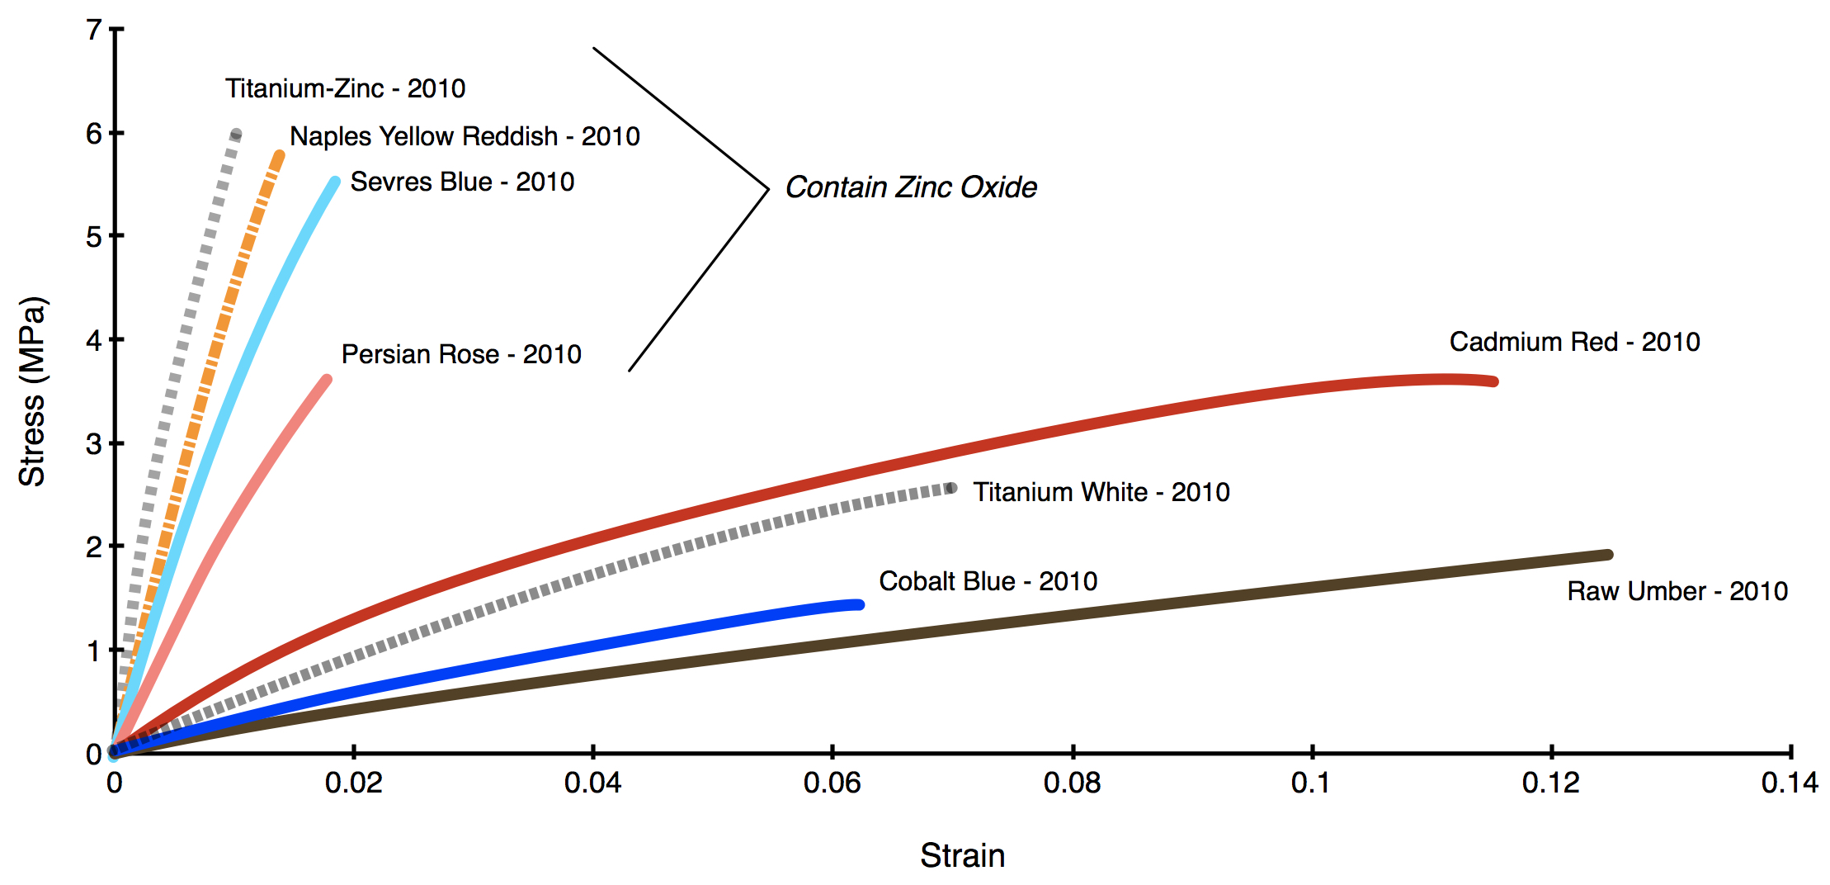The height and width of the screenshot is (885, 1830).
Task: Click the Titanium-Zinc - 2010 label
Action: tap(345, 88)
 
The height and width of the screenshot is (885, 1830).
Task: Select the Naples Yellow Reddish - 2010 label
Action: tap(465, 136)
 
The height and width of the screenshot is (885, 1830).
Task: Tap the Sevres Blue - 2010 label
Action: tap(462, 182)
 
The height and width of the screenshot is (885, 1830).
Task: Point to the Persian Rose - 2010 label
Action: tap(461, 354)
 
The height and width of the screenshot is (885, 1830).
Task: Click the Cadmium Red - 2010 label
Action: tap(1574, 342)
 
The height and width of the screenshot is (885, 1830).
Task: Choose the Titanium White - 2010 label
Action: tap(1101, 492)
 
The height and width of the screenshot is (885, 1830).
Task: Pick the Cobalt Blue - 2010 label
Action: tap(988, 581)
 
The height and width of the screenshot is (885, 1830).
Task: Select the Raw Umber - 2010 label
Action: tap(1677, 591)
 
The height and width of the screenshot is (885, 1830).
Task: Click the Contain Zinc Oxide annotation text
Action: tap(910, 187)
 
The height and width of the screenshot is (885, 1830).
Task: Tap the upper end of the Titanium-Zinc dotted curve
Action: tap(237, 134)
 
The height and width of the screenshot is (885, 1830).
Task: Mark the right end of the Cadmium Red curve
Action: tap(1493, 381)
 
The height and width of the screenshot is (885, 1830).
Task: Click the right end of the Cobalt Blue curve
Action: tap(860, 605)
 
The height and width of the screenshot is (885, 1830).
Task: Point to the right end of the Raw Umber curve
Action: tap(1608, 555)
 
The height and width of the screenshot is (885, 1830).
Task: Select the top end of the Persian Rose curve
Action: tap(327, 380)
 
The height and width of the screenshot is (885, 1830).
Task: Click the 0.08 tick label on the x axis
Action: tap(1072, 783)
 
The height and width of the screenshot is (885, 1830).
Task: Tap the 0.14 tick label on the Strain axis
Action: tap(1789, 783)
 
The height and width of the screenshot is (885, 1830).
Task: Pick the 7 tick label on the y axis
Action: tap(94, 31)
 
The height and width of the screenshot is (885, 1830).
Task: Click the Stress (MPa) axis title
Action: tap(33, 391)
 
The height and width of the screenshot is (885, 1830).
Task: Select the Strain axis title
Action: tap(962, 856)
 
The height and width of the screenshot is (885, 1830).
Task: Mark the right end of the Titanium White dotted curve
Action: tap(952, 488)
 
